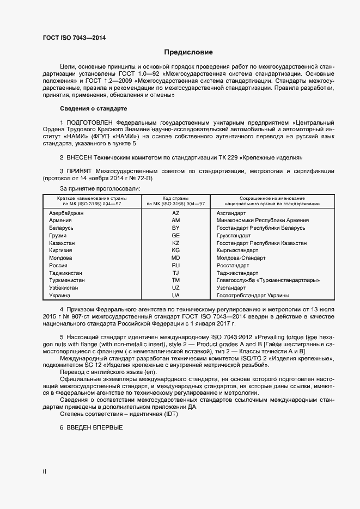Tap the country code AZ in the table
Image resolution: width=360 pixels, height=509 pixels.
click(x=175, y=213)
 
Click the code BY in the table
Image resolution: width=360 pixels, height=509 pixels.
click(x=175, y=228)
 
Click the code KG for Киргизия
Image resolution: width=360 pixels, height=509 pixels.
click(x=175, y=250)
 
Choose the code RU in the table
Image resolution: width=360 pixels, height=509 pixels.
click(x=175, y=265)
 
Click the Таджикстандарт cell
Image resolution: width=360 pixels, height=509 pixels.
click(x=237, y=273)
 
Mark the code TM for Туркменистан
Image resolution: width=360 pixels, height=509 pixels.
click(x=175, y=280)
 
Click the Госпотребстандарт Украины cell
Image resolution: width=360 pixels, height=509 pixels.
click(x=252, y=295)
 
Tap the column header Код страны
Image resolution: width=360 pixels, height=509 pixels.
click(x=175, y=199)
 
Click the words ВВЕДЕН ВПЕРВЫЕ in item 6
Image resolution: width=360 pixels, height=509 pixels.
click(x=95, y=427)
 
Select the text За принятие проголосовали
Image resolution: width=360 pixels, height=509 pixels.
click(x=100, y=188)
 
